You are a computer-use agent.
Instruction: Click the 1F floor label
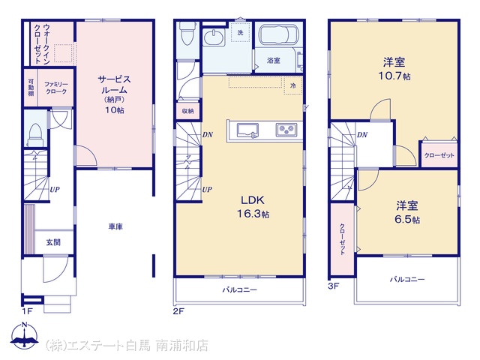[27, 311]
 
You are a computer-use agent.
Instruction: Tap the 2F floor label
[179, 311]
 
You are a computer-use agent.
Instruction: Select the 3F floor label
[334, 286]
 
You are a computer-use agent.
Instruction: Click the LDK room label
[253, 200]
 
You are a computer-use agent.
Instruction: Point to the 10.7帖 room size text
[394, 76]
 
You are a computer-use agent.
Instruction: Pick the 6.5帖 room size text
[407, 220]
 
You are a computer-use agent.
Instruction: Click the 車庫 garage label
[115, 226]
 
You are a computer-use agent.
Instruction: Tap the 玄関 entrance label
[53, 242]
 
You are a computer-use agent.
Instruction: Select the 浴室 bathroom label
[273, 60]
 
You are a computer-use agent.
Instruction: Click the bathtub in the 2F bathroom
[278, 35]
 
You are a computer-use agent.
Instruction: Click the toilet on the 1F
[36, 135]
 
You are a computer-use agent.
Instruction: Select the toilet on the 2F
[187, 33]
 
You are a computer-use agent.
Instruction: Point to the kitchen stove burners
[286, 130]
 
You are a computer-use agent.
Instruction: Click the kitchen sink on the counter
[247, 130]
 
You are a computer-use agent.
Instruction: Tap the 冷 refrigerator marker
[293, 85]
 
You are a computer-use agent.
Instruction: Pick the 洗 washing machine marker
[240, 32]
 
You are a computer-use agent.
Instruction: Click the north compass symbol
[25, 335]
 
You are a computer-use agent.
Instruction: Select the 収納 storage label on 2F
[187, 111]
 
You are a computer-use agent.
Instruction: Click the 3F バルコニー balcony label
[406, 279]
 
